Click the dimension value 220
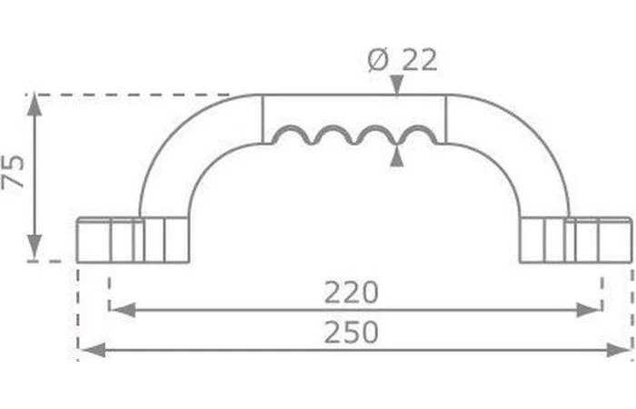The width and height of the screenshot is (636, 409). point(351,293)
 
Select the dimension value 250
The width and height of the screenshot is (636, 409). point(351,333)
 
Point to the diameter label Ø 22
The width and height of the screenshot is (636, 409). point(402,61)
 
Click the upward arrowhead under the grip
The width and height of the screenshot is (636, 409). point(396,155)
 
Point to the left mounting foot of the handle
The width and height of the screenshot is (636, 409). point(132,239)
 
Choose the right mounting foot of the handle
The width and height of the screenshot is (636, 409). point(576,239)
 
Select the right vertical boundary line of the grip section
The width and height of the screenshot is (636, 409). point(445,118)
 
